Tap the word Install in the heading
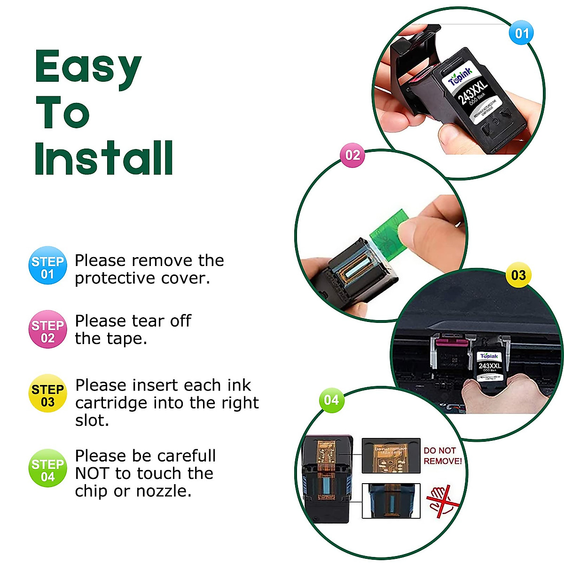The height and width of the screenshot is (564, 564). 104,158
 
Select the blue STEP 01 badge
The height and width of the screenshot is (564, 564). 47,266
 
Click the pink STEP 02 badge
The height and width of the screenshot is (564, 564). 47,329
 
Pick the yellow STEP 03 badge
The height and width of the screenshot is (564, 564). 47,393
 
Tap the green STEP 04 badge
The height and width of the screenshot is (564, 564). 47,469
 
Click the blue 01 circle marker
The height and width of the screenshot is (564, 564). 522,33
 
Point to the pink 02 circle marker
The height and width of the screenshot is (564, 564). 352,155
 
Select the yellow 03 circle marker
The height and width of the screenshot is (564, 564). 518,275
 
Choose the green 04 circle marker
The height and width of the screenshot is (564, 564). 331,400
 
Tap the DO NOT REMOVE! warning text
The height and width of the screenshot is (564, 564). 442,456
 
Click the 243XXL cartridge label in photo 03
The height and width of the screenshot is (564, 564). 490,366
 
